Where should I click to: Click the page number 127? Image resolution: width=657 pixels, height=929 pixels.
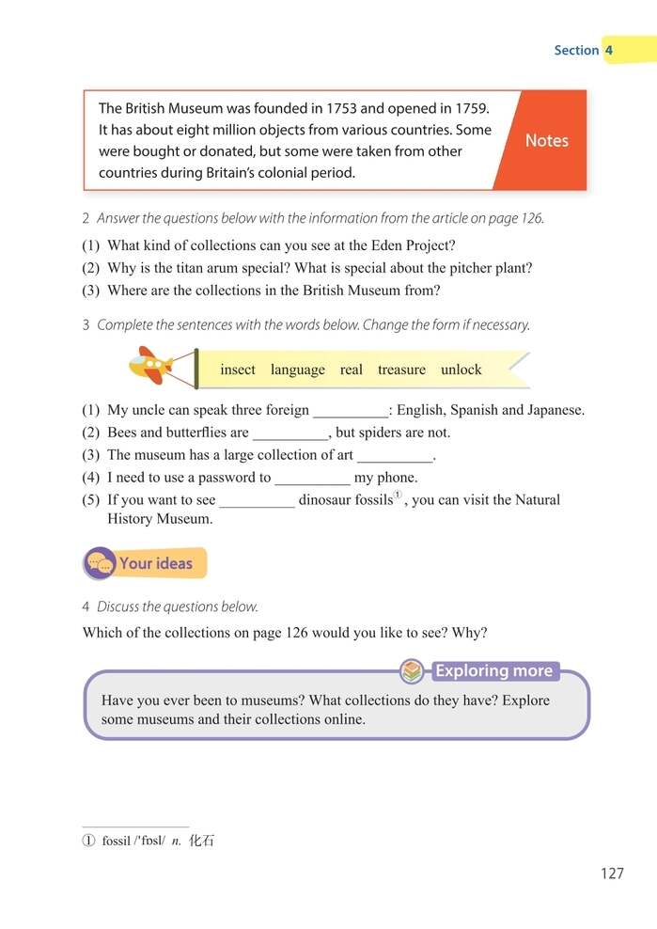pos(611,874)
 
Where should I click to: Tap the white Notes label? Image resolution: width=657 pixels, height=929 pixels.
pos(546,140)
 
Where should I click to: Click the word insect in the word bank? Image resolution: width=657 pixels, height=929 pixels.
pos(238,370)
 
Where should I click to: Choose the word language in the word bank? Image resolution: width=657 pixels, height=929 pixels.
pos(297,370)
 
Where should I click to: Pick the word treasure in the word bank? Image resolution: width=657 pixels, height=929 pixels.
pos(401,370)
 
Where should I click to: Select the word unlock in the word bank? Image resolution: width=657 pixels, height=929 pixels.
pos(461,370)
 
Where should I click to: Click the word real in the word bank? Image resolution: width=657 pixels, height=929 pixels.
pos(351,370)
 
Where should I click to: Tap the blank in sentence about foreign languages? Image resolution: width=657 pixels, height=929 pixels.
pos(350,411)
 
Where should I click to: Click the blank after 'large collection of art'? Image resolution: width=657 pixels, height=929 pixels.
pos(396,456)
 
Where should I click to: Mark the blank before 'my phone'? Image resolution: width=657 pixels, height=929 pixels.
pos(312,479)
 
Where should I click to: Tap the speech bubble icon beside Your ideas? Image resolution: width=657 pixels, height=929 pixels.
pos(100,564)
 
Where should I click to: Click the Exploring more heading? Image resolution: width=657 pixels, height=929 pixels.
pos(493,671)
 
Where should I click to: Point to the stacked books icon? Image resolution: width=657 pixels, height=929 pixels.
pos(412,671)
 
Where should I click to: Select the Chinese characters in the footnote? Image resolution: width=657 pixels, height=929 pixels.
pos(202,841)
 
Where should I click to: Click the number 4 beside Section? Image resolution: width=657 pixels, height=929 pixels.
pos(609,50)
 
